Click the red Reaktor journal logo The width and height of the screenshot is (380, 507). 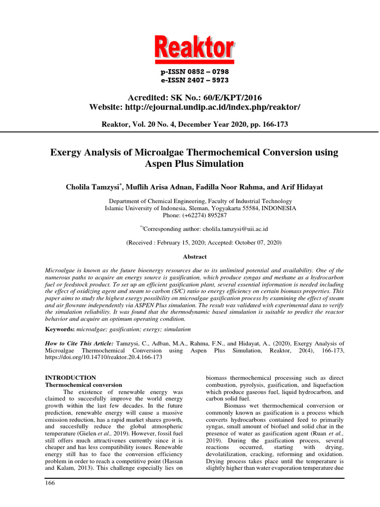[194, 49]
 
